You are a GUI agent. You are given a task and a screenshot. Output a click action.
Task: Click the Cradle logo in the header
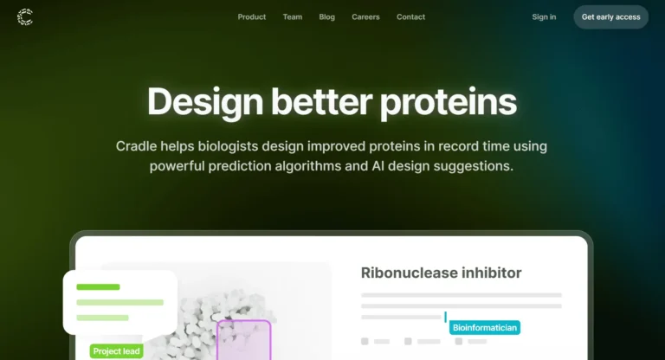pyautogui.click(x=25, y=17)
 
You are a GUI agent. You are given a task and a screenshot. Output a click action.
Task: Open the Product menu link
pyautogui.click(x=251, y=17)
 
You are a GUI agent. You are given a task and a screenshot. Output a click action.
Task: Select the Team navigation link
pyautogui.click(x=293, y=17)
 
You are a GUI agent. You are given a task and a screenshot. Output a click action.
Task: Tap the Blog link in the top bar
pyautogui.click(x=327, y=17)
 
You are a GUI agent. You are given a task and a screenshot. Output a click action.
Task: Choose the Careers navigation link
pyautogui.click(x=365, y=17)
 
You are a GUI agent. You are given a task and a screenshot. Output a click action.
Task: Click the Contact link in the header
pyautogui.click(x=410, y=17)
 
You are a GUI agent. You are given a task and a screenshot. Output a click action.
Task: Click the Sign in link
pyautogui.click(x=544, y=17)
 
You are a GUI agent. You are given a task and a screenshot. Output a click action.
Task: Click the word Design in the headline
pyautogui.click(x=205, y=102)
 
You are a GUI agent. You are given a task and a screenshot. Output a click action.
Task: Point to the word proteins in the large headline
pyautogui.click(x=449, y=102)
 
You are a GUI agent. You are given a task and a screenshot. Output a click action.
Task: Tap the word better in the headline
pyautogui.click(x=321, y=101)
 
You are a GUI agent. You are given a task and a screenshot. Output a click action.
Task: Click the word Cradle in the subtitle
pyautogui.click(x=136, y=146)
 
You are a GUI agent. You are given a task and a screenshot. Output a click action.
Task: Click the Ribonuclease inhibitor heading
pyautogui.click(x=441, y=273)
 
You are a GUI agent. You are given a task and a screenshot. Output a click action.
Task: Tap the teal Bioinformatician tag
pyautogui.click(x=485, y=327)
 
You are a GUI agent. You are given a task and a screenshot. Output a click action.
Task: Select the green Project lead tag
pyautogui.click(x=116, y=351)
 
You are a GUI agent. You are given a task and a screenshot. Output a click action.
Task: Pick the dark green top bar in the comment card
pyautogui.click(x=98, y=287)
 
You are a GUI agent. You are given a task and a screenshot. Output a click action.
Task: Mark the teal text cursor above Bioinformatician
pyautogui.click(x=445, y=317)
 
